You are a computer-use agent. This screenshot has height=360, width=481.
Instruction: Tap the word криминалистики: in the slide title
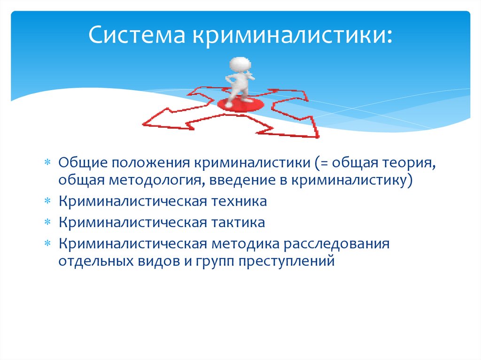click(293, 36)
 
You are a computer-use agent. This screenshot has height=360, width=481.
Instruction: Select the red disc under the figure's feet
click(241, 104)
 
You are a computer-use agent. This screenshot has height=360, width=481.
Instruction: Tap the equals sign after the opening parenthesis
click(324, 163)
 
